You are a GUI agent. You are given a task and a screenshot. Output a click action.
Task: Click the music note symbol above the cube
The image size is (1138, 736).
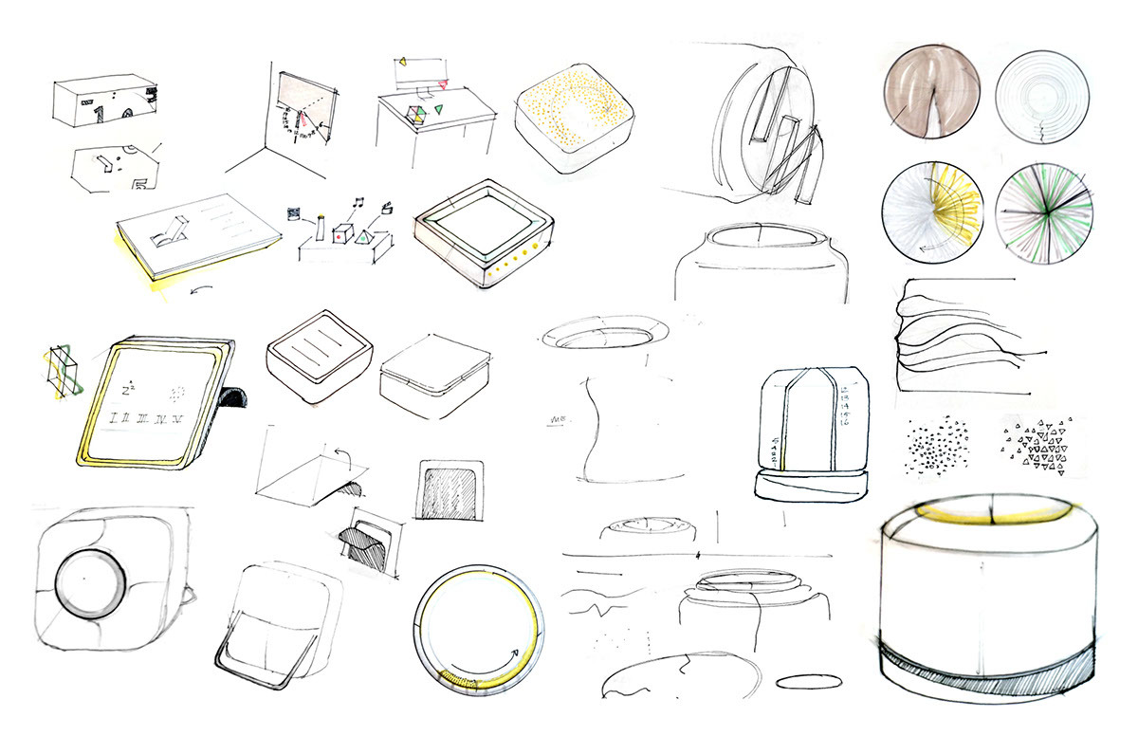358,201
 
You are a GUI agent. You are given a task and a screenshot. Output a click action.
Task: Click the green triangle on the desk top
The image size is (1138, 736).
438,111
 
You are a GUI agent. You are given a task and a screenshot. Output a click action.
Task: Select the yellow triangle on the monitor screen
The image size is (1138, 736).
403,63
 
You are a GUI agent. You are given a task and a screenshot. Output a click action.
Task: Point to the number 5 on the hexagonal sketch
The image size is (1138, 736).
140,182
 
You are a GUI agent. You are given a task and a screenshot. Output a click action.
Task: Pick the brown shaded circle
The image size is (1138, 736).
928,94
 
